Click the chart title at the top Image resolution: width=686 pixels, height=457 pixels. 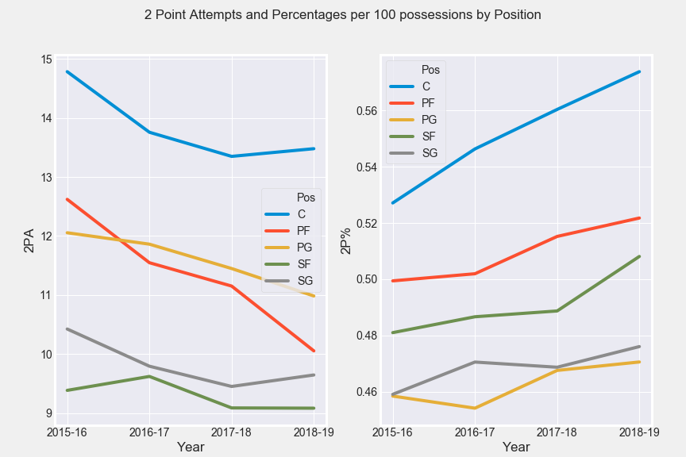tap(343, 15)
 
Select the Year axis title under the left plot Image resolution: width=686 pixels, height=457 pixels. tap(191, 447)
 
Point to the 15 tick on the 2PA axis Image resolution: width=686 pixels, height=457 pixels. tap(45, 60)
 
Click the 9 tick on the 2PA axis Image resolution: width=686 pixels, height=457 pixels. tap(48, 413)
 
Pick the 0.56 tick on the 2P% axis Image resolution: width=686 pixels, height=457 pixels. tap(366, 110)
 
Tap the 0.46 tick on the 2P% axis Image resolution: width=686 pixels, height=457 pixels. tap(366, 392)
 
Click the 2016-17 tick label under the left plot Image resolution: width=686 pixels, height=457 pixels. tap(149, 432)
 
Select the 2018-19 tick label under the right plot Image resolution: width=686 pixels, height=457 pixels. tap(640, 432)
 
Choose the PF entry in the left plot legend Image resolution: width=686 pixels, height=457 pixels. tap(303, 230)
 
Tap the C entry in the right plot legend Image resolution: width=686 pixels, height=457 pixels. tap(426, 86)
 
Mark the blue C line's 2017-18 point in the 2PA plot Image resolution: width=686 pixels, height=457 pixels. tap(232, 156)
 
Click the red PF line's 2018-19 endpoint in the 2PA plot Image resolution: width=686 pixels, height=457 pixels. tap(314, 351)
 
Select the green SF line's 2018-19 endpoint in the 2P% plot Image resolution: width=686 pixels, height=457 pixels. tap(640, 256)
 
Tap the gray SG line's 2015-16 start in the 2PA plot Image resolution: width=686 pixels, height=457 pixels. tap(67, 328)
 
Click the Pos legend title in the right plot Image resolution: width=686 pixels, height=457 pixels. tap(430, 70)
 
